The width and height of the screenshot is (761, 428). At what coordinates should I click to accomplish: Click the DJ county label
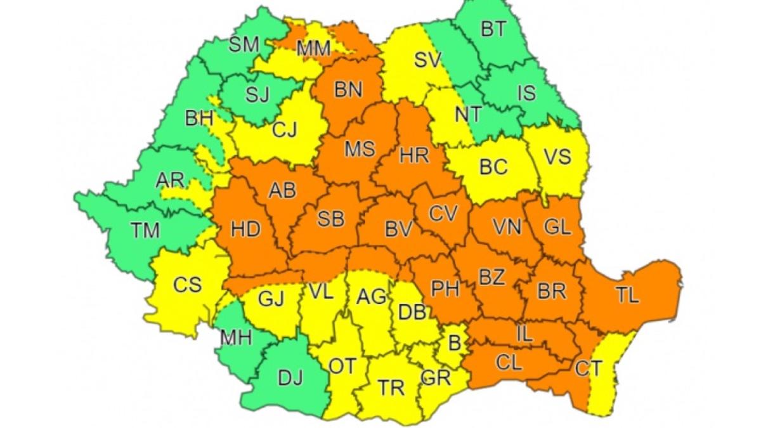coord(291,378)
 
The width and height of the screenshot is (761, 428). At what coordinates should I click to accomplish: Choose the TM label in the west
coord(145,230)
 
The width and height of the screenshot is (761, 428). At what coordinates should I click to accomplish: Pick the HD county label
coord(245,229)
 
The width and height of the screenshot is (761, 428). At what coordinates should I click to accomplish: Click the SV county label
coord(427,60)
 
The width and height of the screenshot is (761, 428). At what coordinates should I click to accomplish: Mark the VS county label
coord(558,156)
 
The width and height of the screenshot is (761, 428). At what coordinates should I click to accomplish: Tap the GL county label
coord(558,226)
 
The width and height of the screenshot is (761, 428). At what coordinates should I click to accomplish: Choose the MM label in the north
coord(313,48)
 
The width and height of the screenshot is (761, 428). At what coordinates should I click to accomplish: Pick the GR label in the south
coord(436,378)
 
